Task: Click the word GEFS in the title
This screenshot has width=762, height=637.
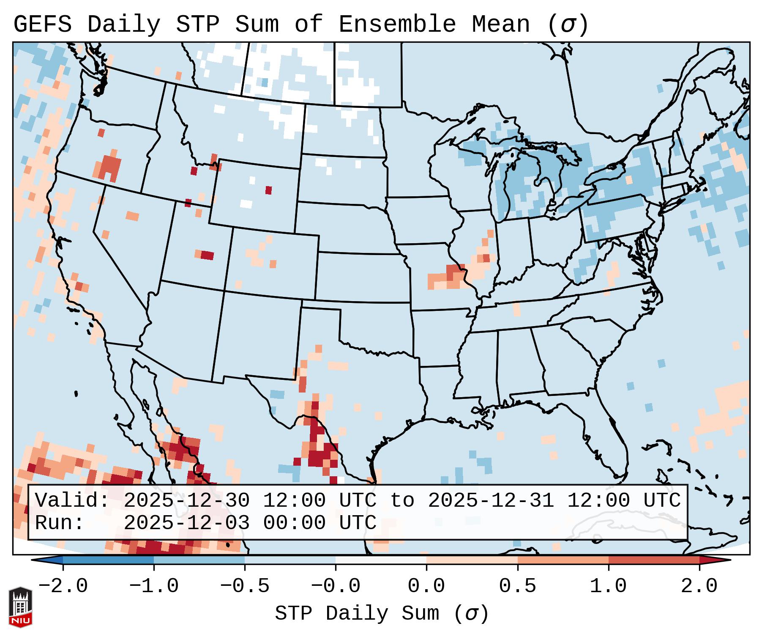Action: click(42, 25)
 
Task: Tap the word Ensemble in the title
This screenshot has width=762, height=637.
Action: click(397, 25)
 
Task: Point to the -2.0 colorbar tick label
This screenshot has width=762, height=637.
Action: click(63, 586)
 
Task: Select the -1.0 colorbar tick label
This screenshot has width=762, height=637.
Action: click(154, 586)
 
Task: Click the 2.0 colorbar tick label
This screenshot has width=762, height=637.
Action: click(699, 586)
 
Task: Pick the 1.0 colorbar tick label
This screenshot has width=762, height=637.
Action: click(608, 586)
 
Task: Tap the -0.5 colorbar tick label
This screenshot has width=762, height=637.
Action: click(245, 586)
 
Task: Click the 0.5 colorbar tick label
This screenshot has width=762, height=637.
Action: click(517, 586)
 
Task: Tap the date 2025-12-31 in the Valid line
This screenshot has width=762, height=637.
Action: click(491, 501)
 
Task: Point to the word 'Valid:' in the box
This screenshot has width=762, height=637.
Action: click(72, 501)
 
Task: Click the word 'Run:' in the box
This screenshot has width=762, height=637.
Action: click(60, 523)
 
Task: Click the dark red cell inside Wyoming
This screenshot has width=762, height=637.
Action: click(268, 190)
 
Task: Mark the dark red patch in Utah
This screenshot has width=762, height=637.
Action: click(207, 255)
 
